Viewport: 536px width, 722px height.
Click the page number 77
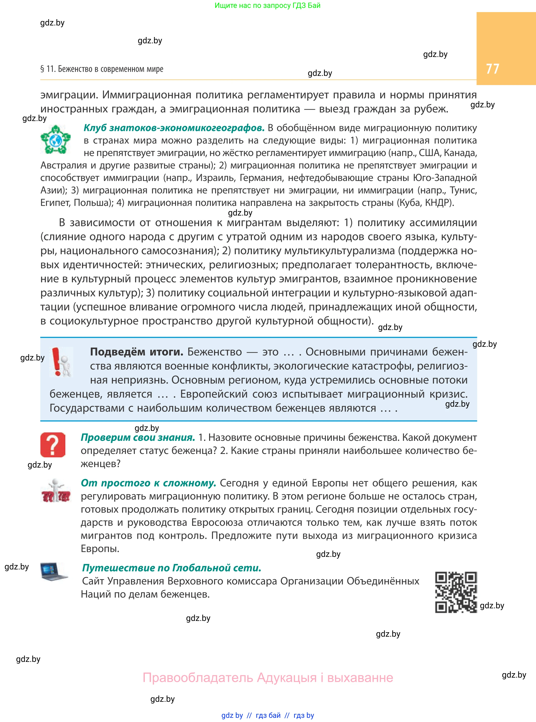(x=492, y=69)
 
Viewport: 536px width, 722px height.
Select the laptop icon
(x=54, y=571)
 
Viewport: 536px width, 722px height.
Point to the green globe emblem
(x=55, y=140)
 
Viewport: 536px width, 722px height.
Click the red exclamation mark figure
(x=61, y=362)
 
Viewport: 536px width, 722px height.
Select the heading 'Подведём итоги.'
(x=137, y=352)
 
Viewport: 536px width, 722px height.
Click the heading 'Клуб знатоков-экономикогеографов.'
(x=174, y=128)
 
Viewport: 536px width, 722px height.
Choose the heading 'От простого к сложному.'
(x=148, y=483)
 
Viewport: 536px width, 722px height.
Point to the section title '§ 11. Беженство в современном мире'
(x=102, y=69)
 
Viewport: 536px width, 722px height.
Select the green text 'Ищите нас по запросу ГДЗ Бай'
(x=267, y=6)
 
